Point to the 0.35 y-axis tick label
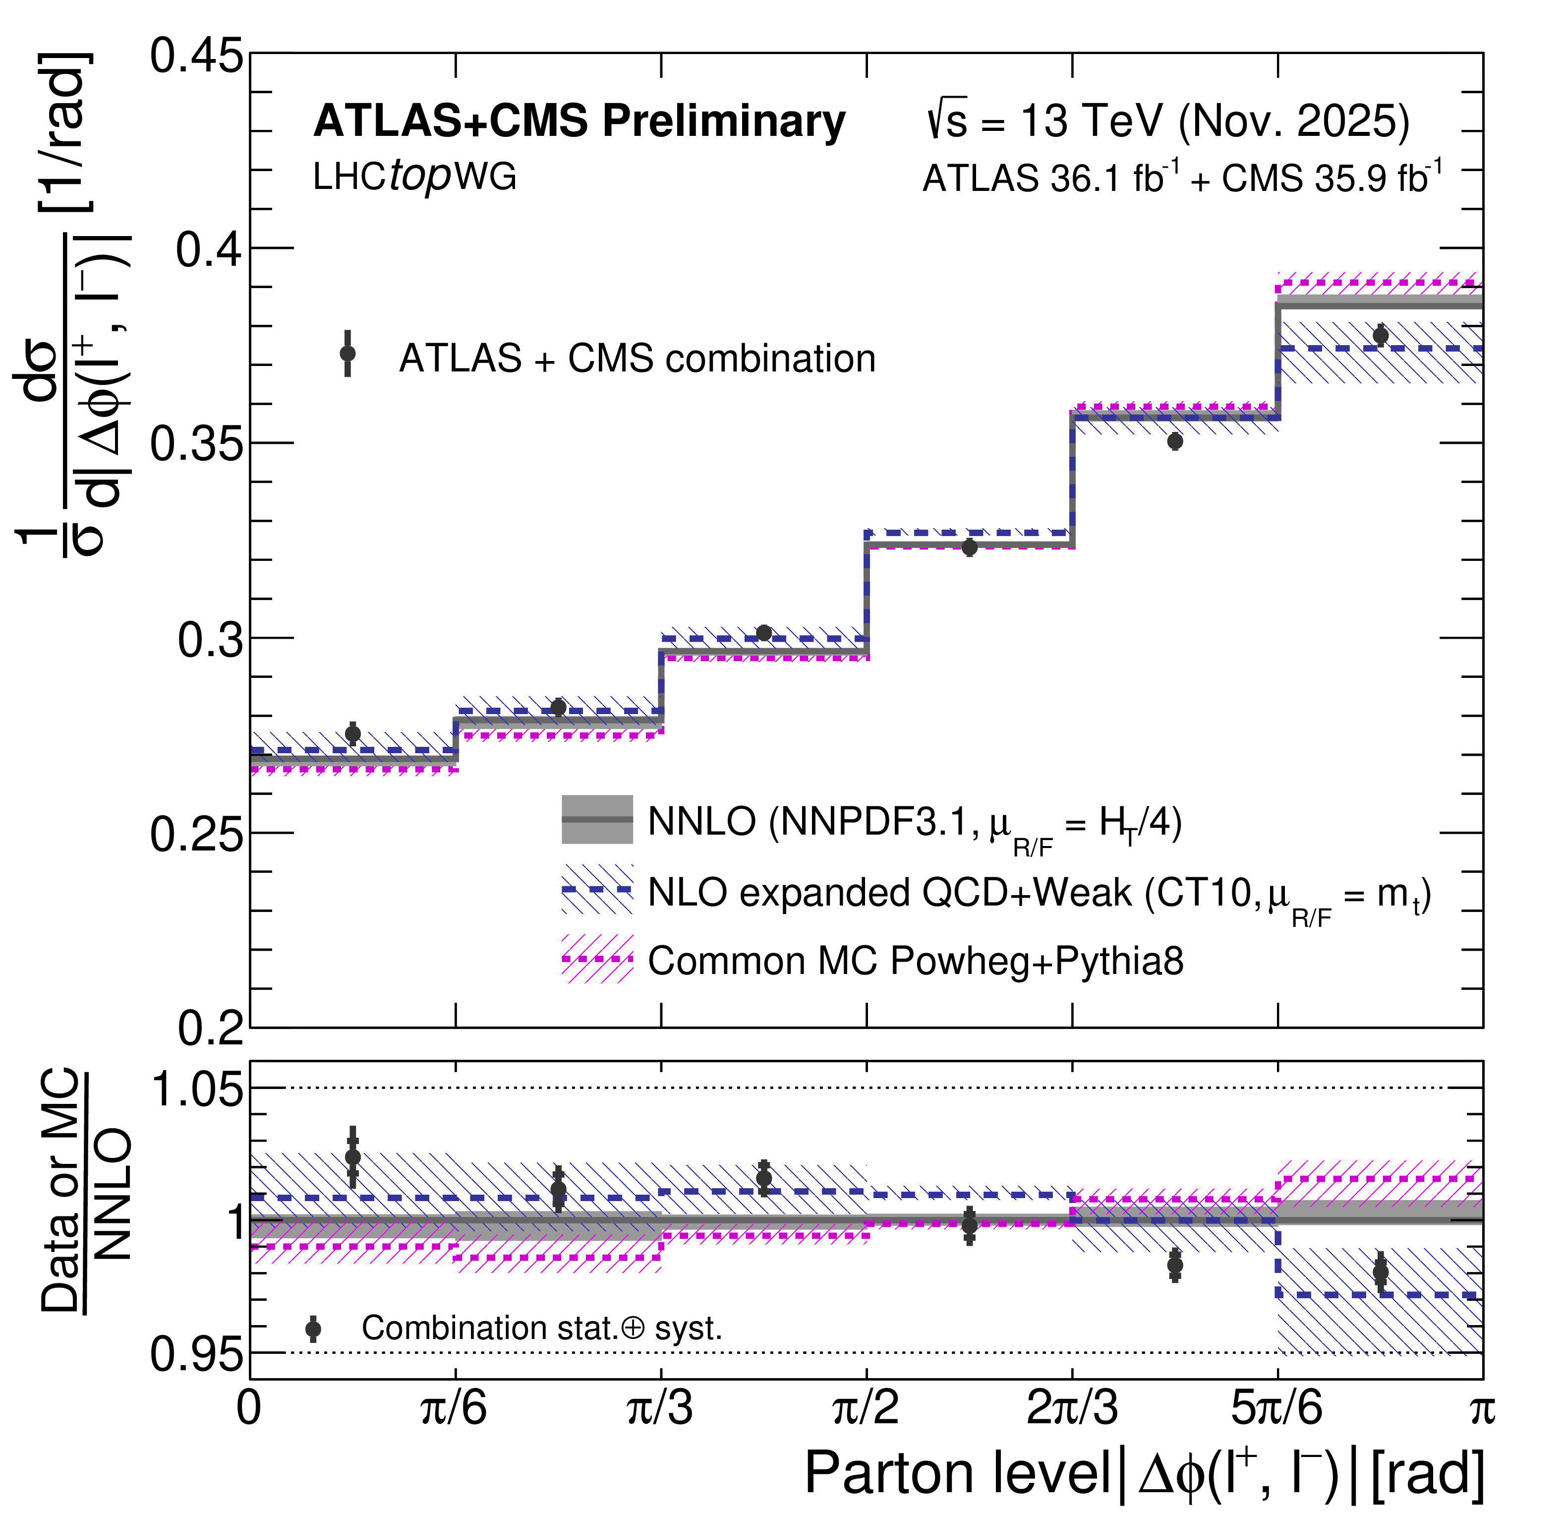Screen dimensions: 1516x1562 pos(196,444)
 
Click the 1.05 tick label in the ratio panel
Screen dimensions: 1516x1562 pos(196,1089)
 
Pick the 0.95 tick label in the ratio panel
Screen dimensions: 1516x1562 pos(196,1353)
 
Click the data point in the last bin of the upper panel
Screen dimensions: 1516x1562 pos(1380,336)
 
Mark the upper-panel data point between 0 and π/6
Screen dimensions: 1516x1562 pos(352,733)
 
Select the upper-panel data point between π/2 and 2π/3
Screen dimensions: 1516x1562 pos(969,547)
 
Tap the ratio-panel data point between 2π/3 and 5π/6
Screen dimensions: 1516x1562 pos(1175,1265)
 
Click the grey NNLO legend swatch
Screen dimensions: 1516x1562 pos(597,819)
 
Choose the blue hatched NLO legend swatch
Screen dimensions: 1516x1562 pos(597,889)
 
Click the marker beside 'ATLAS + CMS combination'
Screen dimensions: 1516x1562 pos(347,353)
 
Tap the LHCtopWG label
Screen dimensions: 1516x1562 pos(414,177)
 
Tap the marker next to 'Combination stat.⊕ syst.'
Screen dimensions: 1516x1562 pos(313,1329)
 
